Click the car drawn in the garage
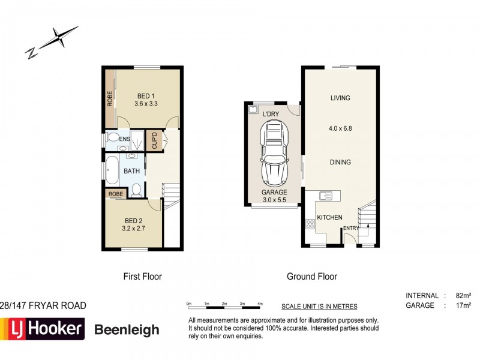pyautogui.click(x=273, y=153)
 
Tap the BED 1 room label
pyautogui.click(x=146, y=96)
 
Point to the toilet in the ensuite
pyautogui.click(x=111, y=139)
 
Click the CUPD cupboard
pyautogui.click(x=154, y=141)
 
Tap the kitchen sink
pyautogui.click(x=325, y=196)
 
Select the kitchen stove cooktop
pyautogui.click(x=310, y=224)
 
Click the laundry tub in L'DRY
pyautogui.click(x=252, y=109)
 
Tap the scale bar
pyautogui.click(x=224, y=307)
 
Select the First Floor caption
pyautogui.click(x=142, y=277)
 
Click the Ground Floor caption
pyautogui.click(x=312, y=277)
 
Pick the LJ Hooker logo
pyautogui.click(x=43, y=329)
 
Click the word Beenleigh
pyautogui.click(x=127, y=329)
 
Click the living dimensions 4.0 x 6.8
pyautogui.click(x=340, y=128)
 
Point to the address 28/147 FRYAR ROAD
pyautogui.click(x=43, y=305)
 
